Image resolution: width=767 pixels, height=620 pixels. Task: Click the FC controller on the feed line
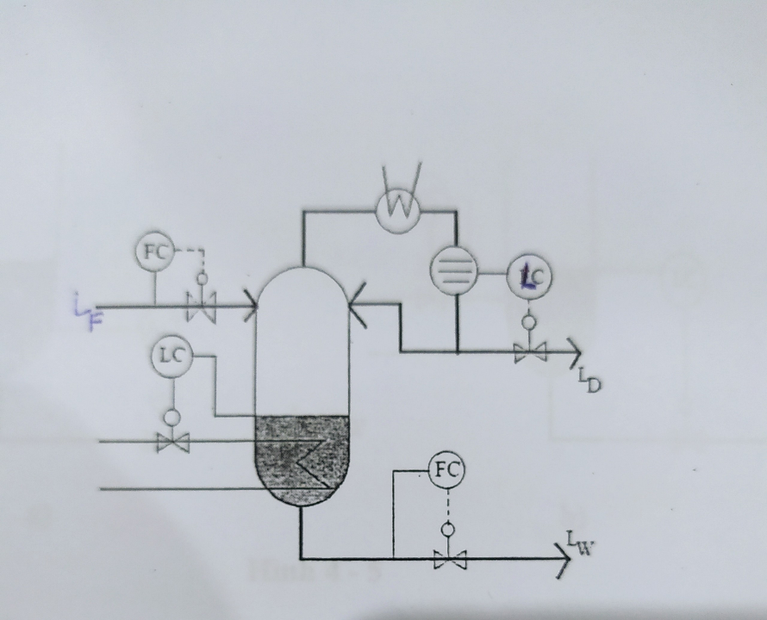154,252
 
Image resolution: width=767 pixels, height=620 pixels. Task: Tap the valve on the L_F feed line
201,307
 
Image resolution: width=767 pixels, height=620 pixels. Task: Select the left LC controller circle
172,357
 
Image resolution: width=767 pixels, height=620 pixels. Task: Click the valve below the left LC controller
172,442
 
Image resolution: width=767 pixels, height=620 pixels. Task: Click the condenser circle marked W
399,208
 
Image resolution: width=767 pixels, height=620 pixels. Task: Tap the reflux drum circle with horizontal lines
454,271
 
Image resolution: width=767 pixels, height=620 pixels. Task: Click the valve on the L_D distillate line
529,351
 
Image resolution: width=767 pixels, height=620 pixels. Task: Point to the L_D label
588,378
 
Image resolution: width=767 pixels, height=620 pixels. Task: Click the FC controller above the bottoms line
446,471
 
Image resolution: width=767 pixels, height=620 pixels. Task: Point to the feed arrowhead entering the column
251,307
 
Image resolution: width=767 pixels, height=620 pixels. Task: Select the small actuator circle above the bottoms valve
446,530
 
